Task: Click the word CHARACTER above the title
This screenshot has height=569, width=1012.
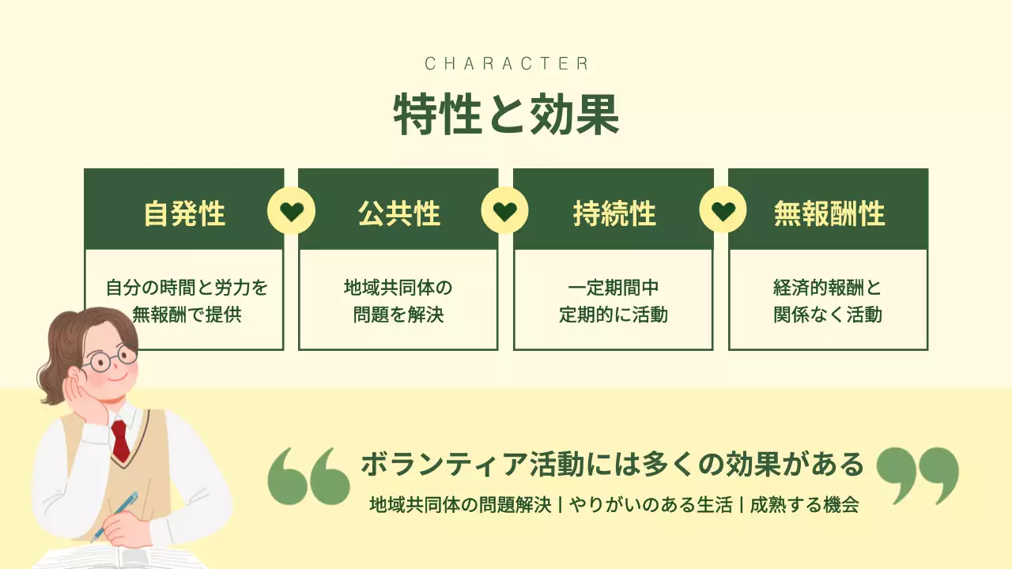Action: click(x=506, y=64)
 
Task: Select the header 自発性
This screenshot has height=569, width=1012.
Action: click(x=184, y=213)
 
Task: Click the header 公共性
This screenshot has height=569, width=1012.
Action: click(x=398, y=213)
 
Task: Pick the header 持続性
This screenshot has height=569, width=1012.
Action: click(x=614, y=213)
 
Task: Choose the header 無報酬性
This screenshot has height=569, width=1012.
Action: click(x=829, y=213)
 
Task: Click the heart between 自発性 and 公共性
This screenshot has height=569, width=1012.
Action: click(x=291, y=212)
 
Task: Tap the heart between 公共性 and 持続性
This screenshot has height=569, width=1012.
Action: click(x=505, y=212)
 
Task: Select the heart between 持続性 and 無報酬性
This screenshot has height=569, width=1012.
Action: click(x=723, y=212)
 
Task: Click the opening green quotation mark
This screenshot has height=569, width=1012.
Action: click(x=308, y=476)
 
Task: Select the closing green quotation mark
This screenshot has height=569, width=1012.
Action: click(x=917, y=474)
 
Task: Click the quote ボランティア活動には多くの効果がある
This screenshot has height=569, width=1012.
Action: click(x=612, y=465)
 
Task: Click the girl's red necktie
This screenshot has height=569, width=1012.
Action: click(x=119, y=440)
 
